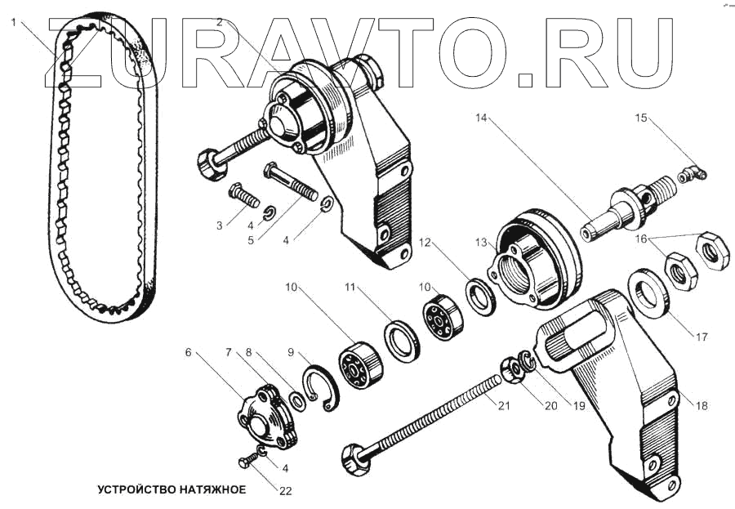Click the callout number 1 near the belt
[13, 22]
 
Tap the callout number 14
[481, 119]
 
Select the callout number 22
[284, 491]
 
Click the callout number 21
[503, 406]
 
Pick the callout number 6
[189, 354]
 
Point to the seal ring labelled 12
[479, 297]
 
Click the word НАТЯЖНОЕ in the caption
[207, 490]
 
